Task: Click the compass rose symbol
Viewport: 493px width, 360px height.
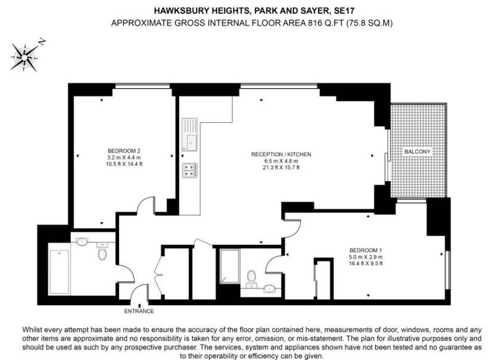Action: [x=25, y=57]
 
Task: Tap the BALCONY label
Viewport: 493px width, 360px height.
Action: [x=417, y=152]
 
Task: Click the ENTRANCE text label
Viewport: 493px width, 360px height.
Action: [x=139, y=311]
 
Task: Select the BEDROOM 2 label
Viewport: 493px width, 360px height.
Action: [x=124, y=150]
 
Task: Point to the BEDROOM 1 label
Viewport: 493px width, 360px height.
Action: [x=365, y=250]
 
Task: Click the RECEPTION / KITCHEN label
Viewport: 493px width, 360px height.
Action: [x=281, y=154]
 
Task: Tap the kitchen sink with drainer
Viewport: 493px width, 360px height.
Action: [x=190, y=134]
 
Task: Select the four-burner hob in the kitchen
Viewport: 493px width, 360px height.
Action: [x=190, y=170]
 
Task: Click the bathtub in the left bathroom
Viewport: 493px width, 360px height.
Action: [x=59, y=272]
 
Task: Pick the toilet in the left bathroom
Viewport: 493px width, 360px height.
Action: [x=102, y=252]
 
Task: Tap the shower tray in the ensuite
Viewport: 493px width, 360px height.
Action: [x=229, y=266]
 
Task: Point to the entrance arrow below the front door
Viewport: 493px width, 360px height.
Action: [x=139, y=305]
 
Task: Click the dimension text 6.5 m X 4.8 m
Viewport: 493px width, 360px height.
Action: [x=281, y=161]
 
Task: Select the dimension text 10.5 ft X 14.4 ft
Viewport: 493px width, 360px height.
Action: [x=124, y=164]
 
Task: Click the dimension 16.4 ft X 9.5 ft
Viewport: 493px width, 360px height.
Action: [x=365, y=263]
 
